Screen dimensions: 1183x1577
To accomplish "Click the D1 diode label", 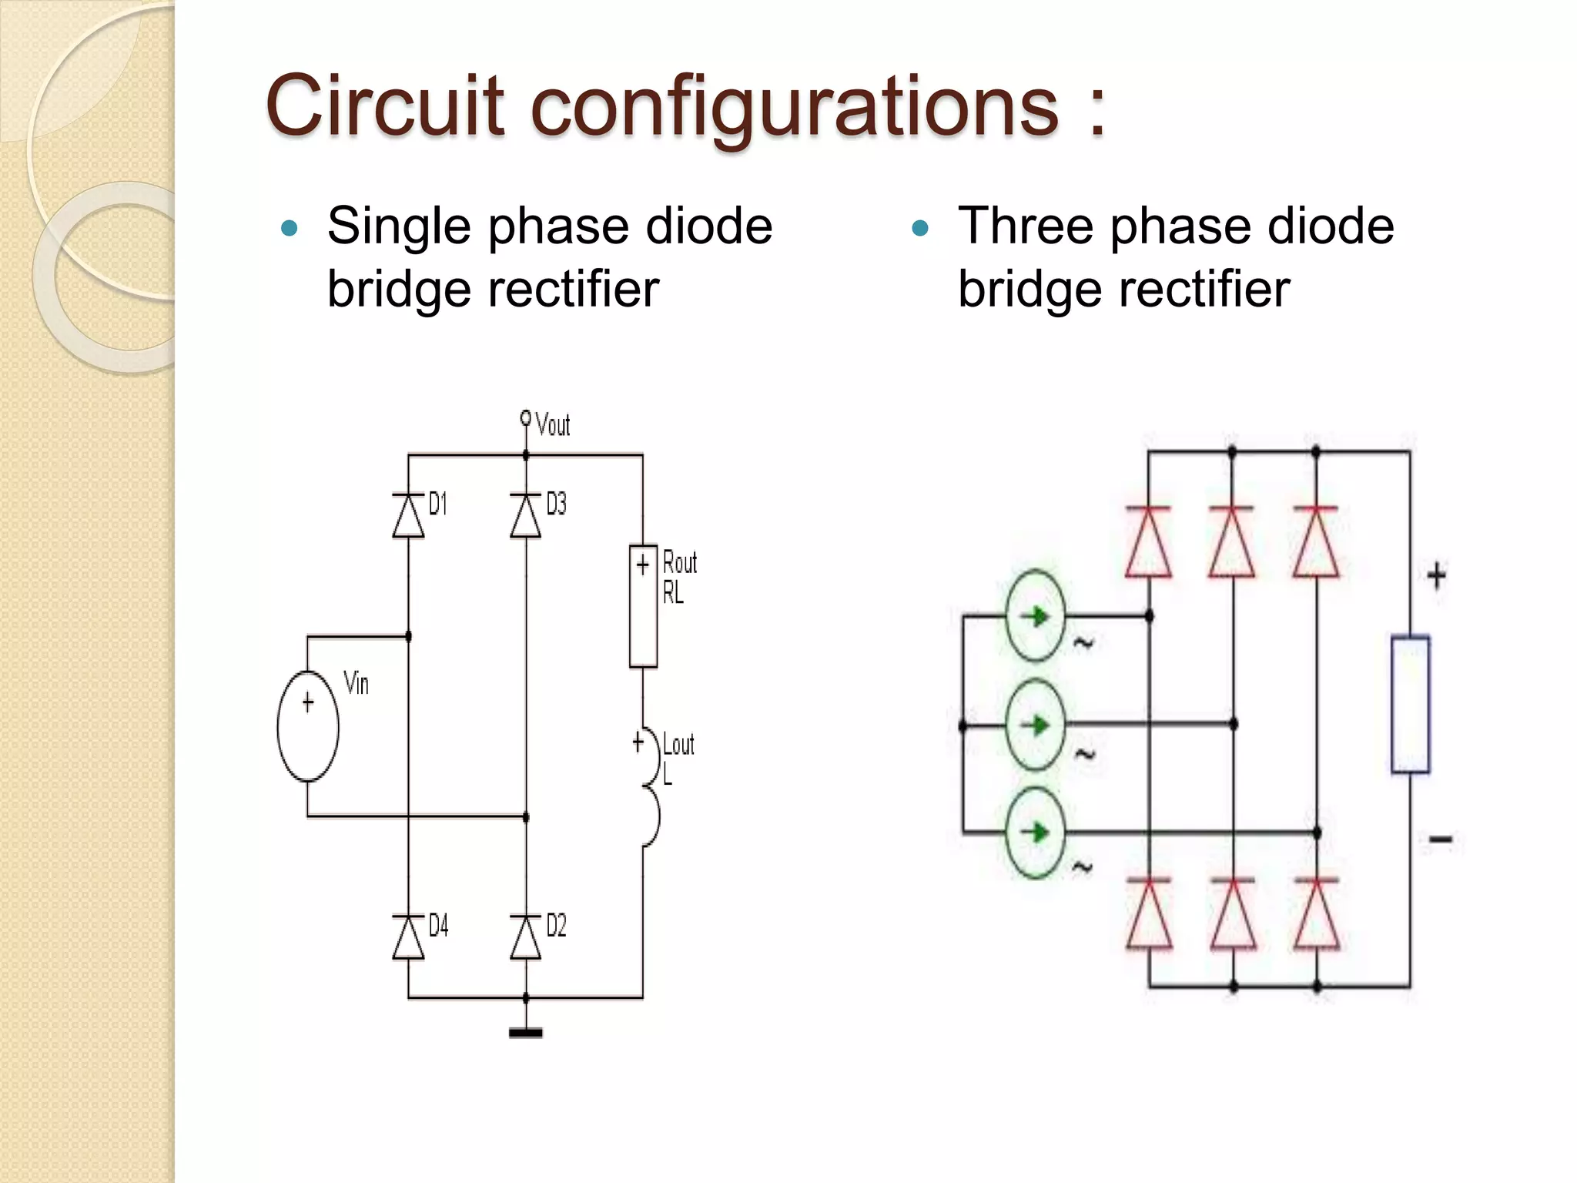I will pyautogui.click(x=437, y=504).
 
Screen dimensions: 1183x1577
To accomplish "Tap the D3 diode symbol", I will pyautogui.click(x=526, y=515).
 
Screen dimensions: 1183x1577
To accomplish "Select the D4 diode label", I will pyautogui.click(x=438, y=925).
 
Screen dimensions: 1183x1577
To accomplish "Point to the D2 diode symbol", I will pyautogui.click(x=526, y=937).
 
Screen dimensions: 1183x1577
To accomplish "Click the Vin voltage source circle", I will pyautogui.click(x=308, y=726).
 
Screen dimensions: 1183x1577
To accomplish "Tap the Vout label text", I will pyautogui.click(x=552, y=425).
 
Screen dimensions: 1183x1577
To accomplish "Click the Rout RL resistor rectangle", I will pyautogui.click(x=643, y=606).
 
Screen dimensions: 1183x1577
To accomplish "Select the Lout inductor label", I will pyautogui.click(x=678, y=745).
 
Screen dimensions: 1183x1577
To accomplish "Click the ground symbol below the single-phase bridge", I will pyautogui.click(x=526, y=1033).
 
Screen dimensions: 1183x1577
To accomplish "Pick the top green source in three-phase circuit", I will pyautogui.click(x=1036, y=616).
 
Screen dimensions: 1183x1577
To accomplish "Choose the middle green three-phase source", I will pyautogui.click(x=1036, y=725).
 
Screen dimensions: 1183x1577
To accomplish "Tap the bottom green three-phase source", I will pyautogui.click(x=1036, y=833).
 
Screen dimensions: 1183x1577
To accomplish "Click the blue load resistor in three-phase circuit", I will pyautogui.click(x=1410, y=704).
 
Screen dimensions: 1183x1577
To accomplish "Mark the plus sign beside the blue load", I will pyautogui.click(x=1436, y=576).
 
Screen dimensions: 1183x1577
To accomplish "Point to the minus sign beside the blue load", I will pyautogui.click(x=1440, y=839).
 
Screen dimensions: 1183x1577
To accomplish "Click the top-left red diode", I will pyautogui.click(x=1148, y=542).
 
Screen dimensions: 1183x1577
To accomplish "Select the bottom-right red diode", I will pyautogui.click(x=1317, y=913).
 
